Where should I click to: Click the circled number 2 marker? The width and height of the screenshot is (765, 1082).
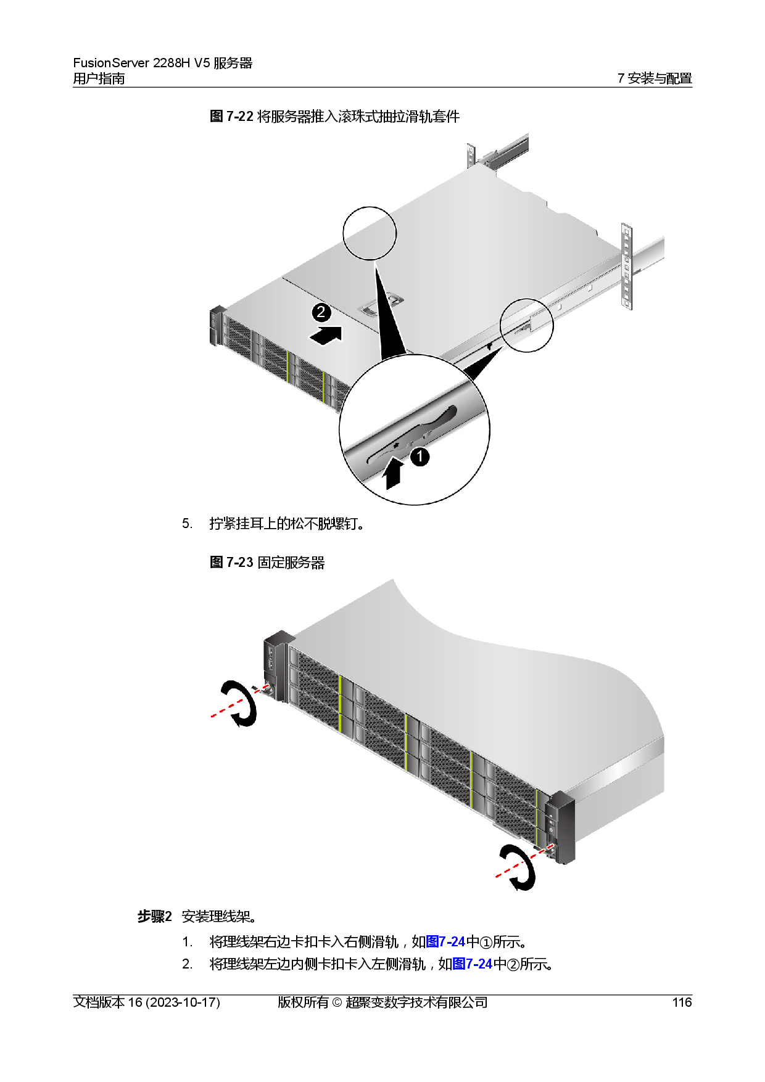pos(321,312)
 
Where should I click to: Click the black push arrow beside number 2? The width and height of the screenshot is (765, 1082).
pos(326,336)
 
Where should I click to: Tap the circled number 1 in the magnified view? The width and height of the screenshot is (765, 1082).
pos(420,457)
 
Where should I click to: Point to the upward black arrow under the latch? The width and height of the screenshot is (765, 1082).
pos(393,475)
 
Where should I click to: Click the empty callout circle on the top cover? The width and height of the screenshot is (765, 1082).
pos(370,233)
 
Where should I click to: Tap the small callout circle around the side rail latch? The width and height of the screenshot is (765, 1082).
pos(526,325)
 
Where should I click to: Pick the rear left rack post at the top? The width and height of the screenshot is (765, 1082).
pos(471,155)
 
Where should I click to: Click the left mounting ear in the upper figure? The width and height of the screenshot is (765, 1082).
pos(217,324)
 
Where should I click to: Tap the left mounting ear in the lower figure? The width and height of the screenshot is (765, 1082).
pos(276,666)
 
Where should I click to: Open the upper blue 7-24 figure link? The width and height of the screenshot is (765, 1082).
pos(445,941)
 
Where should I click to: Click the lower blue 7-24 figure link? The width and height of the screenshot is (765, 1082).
pos(472,964)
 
